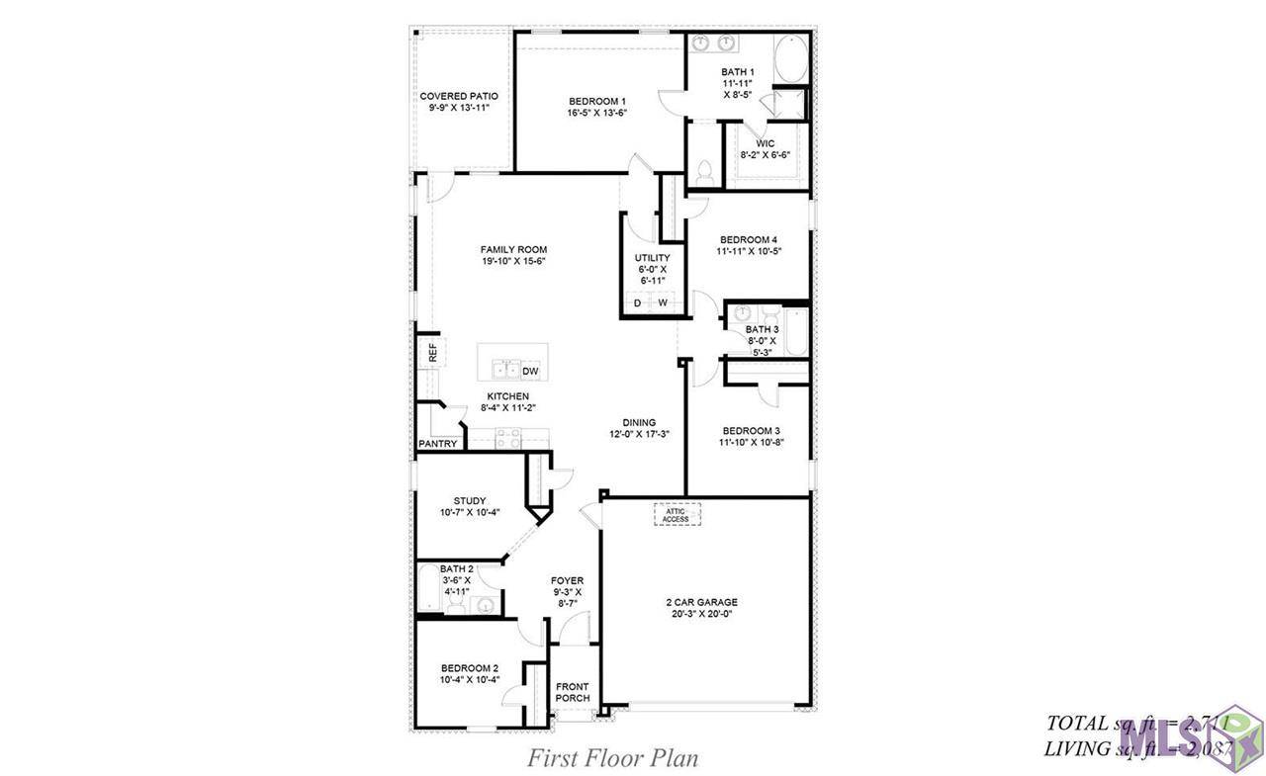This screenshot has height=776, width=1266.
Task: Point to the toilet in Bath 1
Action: [x=705, y=171]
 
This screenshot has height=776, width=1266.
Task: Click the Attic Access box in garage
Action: [x=677, y=514]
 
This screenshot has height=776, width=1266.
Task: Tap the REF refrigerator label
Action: [x=432, y=352]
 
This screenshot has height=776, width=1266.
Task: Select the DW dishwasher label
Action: [x=530, y=371]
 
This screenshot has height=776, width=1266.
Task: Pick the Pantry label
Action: [x=438, y=444]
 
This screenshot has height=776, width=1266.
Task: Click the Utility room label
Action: [x=652, y=258]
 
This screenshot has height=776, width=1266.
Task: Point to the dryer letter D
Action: [x=638, y=302]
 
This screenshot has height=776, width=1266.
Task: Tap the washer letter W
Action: [x=663, y=302]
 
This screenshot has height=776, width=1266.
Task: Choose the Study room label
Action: [x=470, y=500]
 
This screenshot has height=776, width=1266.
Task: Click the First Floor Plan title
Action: [x=612, y=758]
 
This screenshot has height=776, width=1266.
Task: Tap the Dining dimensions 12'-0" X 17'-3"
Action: [x=640, y=434]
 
